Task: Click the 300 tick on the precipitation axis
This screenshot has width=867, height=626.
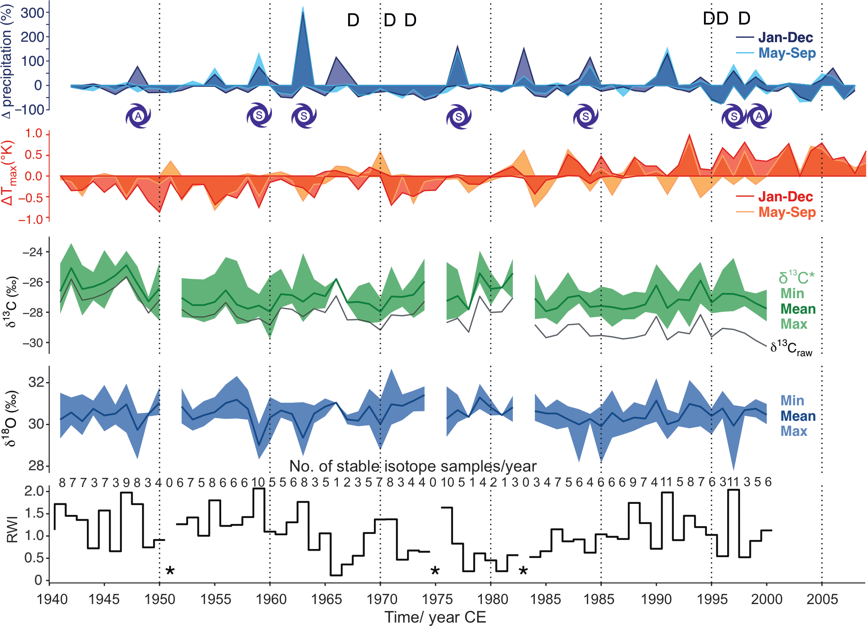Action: coord(33,13)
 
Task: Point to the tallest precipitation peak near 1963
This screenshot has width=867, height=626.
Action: coord(303,9)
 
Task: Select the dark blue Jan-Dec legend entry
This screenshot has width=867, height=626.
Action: coord(785,37)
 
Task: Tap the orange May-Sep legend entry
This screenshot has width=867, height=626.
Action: coord(787,212)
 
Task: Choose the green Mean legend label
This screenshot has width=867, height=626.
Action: coord(798,309)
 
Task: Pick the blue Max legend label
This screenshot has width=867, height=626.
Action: coord(793,431)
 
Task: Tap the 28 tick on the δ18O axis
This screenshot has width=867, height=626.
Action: coord(37,466)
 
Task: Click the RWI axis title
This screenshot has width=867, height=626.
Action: coord(12,529)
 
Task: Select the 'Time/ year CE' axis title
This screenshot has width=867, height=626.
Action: coord(435,617)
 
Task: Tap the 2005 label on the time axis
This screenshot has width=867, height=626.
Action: coord(822,599)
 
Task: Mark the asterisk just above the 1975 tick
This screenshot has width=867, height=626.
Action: coord(435,571)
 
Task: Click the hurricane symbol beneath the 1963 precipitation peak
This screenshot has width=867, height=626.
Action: coord(304,116)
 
